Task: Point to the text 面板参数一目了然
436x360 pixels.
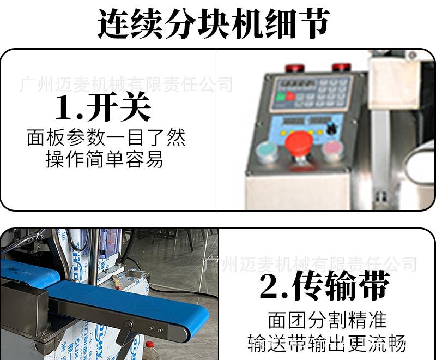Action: (x=106, y=137)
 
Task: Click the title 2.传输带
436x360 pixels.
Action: (x=325, y=286)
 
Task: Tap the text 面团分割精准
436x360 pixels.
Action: (x=327, y=320)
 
